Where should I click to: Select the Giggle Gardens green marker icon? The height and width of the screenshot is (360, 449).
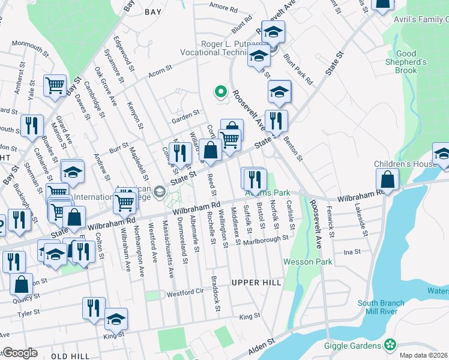click(390, 345)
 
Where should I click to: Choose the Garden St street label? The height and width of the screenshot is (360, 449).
click(185, 114)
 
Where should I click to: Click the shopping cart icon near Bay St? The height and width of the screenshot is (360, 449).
click(55, 85)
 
